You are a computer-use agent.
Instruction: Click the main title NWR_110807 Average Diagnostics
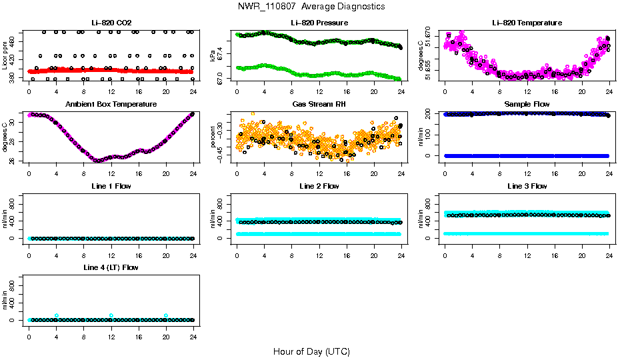[311, 6]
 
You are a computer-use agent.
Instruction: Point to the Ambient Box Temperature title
[111, 104]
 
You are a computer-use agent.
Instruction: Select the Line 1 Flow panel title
[111, 186]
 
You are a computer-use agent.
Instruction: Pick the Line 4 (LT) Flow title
[111, 267]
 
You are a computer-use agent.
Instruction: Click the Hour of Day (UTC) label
[311, 351]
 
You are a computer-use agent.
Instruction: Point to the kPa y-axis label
[213, 55]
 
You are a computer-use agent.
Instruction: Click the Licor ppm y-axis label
[5, 55]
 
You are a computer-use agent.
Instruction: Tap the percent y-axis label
[213, 137]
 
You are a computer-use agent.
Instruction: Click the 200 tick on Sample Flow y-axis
[435, 114]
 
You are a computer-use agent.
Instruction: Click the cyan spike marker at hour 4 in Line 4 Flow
[57, 315]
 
